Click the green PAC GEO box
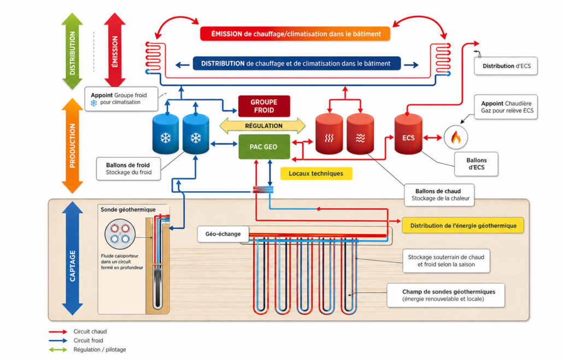(264, 147)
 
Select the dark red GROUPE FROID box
(264, 106)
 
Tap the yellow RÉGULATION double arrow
(263, 126)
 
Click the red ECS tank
(408, 134)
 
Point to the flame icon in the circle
(456, 138)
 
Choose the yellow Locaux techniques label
(316, 174)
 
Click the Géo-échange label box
(223, 234)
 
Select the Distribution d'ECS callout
(506, 66)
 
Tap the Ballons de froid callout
(128, 169)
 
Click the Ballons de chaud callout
(439, 195)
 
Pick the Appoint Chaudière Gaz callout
(506, 107)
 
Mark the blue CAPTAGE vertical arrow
(73, 258)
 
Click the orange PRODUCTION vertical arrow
(73, 146)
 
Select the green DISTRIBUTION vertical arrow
(72, 51)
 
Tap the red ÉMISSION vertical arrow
(115, 50)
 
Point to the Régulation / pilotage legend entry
(87, 350)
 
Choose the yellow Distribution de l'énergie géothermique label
(463, 226)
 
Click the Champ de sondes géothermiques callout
(445, 296)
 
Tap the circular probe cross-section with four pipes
(120, 234)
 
